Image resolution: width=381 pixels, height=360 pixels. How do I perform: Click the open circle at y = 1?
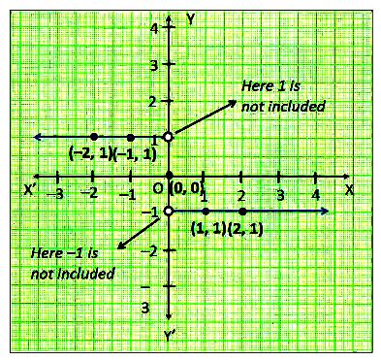(169, 137)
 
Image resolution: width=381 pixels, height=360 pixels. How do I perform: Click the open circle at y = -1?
(169, 212)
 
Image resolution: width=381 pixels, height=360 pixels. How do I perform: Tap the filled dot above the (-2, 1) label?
(94, 137)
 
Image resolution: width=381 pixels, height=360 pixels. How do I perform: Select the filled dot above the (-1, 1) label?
(131, 137)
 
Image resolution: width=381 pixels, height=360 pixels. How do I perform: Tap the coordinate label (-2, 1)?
(90, 153)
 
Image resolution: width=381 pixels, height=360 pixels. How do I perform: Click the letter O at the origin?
(157, 187)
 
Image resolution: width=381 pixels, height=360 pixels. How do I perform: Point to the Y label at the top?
(191, 18)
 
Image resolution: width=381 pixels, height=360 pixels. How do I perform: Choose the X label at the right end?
(349, 189)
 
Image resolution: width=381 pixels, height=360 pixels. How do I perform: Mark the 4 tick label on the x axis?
(316, 195)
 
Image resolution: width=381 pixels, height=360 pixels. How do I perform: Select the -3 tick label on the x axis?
(57, 195)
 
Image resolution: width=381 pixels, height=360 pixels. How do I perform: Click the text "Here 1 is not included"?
(283, 95)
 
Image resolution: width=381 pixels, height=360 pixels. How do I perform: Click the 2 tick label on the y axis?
(153, 102)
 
